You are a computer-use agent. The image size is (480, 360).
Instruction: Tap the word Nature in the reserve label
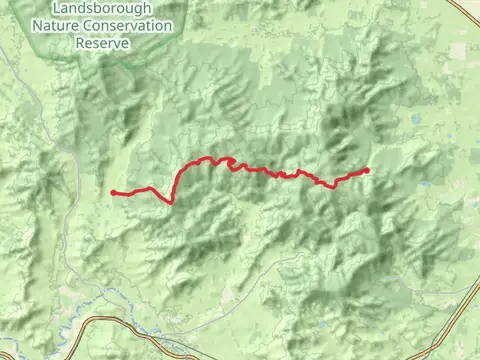coord(52,25)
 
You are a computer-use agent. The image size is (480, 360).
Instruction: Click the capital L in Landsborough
coord(62,8)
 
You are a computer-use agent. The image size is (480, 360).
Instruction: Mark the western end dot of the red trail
coord(114,192)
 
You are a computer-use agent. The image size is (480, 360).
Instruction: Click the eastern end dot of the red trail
coord(367,170)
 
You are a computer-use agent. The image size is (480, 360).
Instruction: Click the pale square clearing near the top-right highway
coord(458,50)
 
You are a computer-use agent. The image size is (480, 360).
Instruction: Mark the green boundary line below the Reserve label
coord(110,62)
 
